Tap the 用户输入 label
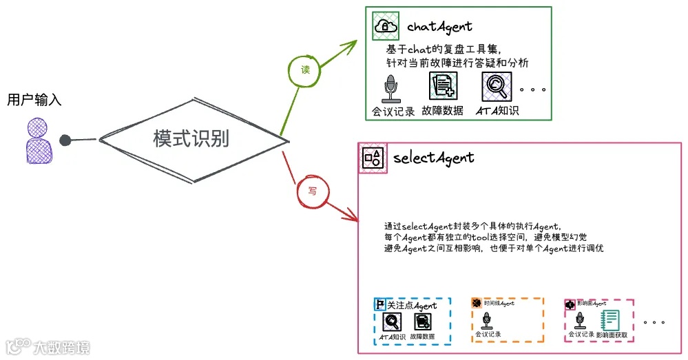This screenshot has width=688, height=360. tap(34, 100)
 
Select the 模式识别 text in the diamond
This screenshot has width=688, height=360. tap(191, 139)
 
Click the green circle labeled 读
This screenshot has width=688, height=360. tap(305, 70)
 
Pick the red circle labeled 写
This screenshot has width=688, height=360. tap(312, 191)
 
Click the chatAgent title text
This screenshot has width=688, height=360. tap(439, 27)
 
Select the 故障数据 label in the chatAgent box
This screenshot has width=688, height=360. tap(442, 111)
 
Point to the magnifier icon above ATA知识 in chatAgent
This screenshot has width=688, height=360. tap(494, 87)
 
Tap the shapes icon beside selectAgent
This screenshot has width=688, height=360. tap(373, 158)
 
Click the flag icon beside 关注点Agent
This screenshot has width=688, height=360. tap(379, 304)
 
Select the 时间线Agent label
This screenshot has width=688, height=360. tap(499, 303)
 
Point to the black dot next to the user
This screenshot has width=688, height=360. tap(65, 140)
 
